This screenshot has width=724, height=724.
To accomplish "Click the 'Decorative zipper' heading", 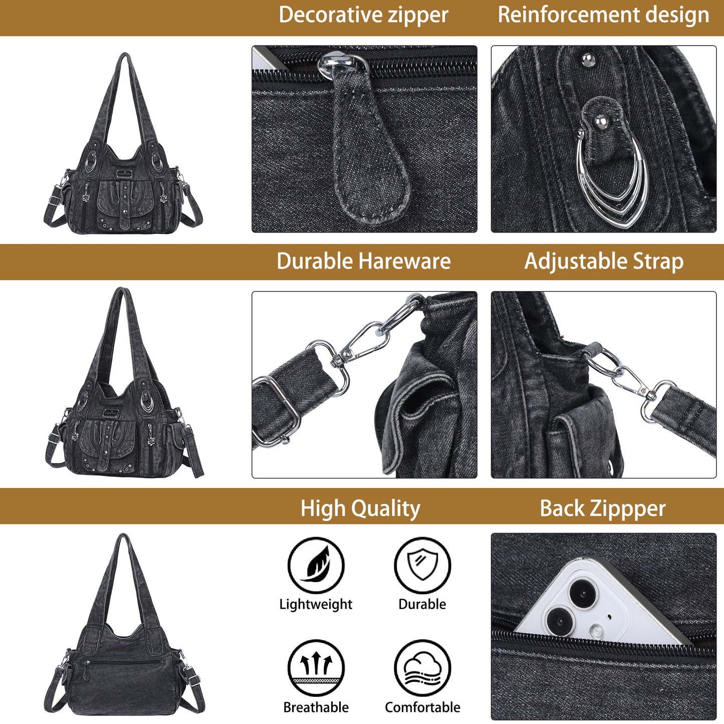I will point(363,15).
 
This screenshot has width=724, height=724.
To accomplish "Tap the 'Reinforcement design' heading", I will point(603,15).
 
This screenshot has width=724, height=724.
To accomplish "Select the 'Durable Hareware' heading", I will point(363,261).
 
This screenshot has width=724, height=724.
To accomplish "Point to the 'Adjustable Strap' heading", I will point(604,261).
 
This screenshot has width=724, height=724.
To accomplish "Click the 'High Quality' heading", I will point(360,508).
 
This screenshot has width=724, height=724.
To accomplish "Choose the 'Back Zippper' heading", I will point(603,508).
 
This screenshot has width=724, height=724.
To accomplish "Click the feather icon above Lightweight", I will point(316,565).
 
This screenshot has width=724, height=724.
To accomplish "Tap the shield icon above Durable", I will point(422,565).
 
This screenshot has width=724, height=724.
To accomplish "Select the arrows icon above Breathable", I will point(316,668).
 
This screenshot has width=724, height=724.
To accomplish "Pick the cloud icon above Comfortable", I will point(422,668).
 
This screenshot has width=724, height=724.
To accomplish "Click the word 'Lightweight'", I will point(316,604).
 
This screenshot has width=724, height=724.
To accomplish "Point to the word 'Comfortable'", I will point(422,707).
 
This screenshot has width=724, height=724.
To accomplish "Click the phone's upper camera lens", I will point(581,593).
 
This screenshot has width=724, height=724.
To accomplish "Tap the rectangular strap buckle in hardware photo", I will point(272,413).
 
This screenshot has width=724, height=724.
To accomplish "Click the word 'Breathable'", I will point(316,707).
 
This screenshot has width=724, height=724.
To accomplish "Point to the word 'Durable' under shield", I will point(422,604).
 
